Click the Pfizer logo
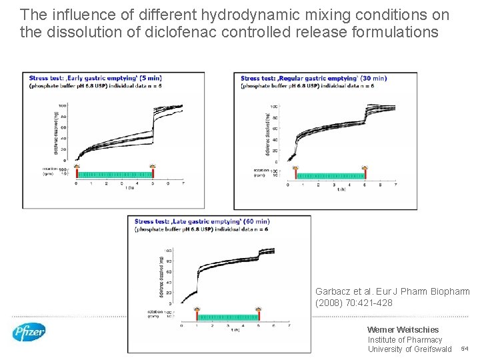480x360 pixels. pyautogui.click(x=29, y=331)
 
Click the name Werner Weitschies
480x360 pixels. pyautogui.click(x=403, y=329)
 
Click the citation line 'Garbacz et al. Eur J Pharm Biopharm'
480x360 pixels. pyautogui.click(x=392, y=291)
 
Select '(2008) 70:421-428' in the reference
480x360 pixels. pyautogui.click(x=353, y=303)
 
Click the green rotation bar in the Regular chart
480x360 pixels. pyautogui.click(x=330, y=177)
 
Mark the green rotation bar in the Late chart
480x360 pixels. pyautogui.click(x=228, y=318)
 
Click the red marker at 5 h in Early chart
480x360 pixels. pyautogui.click(x=153, y=167)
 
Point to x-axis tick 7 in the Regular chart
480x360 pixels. pyautogui.click(x=396, y=185)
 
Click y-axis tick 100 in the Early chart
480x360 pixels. pyautogui.click(x=62, y=106)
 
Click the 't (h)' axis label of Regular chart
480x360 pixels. pyautogui.click(x=341, y=189)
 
